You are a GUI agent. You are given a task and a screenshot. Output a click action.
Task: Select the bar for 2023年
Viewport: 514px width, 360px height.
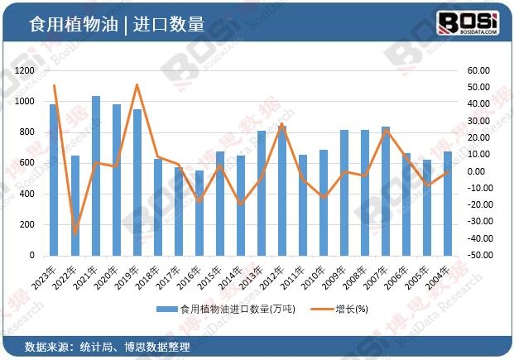(54, 180)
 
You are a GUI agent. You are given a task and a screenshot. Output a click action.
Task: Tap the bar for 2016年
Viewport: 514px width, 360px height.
(199, 213)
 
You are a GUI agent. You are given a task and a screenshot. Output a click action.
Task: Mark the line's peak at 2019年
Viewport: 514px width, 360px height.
(137, 85)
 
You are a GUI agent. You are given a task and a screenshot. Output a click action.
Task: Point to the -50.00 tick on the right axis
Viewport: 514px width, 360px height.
(478, 256)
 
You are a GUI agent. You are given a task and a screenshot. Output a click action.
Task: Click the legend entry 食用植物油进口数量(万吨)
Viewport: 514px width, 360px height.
(219, 310)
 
